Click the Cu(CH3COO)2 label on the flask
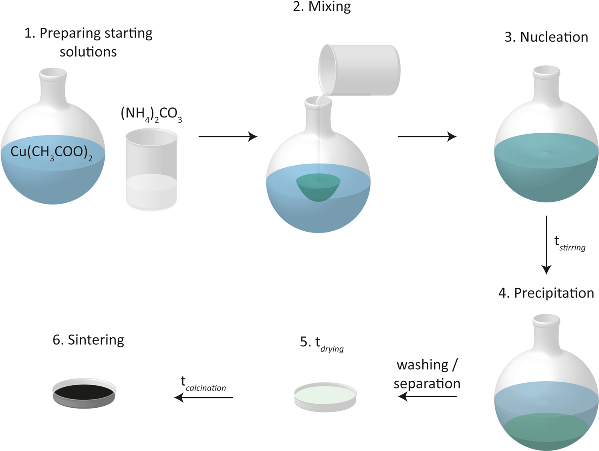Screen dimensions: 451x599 pyautogui.click(x=51, y=153)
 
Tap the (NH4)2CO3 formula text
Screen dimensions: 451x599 pyautogui.click(x=151, y=114)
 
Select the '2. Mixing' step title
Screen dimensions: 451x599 pyautogui.click(x=322, y=7)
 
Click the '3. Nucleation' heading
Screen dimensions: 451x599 pyautogui.click(x=546, y=37)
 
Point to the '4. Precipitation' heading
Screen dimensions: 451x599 pyautogui.click(x=546, y=293)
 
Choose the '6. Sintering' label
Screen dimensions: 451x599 pyautogui.click(x=88, y=340)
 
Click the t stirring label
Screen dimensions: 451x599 pyautogui.click(x=569, y=243)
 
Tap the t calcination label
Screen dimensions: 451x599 pyautogui.click(x=203, y=383)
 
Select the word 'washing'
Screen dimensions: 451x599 pyautogui.click(x=423, y=365)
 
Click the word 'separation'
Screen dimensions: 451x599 pyautogui.click(x=427, y=384)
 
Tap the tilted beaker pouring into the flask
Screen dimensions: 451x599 pyautogui.click(x=360, y=70)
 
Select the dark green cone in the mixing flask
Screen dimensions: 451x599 pyautogui.click(x=319, y=187)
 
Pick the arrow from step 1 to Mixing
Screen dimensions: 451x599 pyautogui.click(x=228, y=137)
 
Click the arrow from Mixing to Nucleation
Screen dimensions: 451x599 pyautogui.click(x=427, y=137)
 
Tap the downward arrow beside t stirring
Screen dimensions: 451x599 pyautogui.click(x=546, y=245)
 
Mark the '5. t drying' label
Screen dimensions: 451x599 pyautogui.click(x=322, y=343)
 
